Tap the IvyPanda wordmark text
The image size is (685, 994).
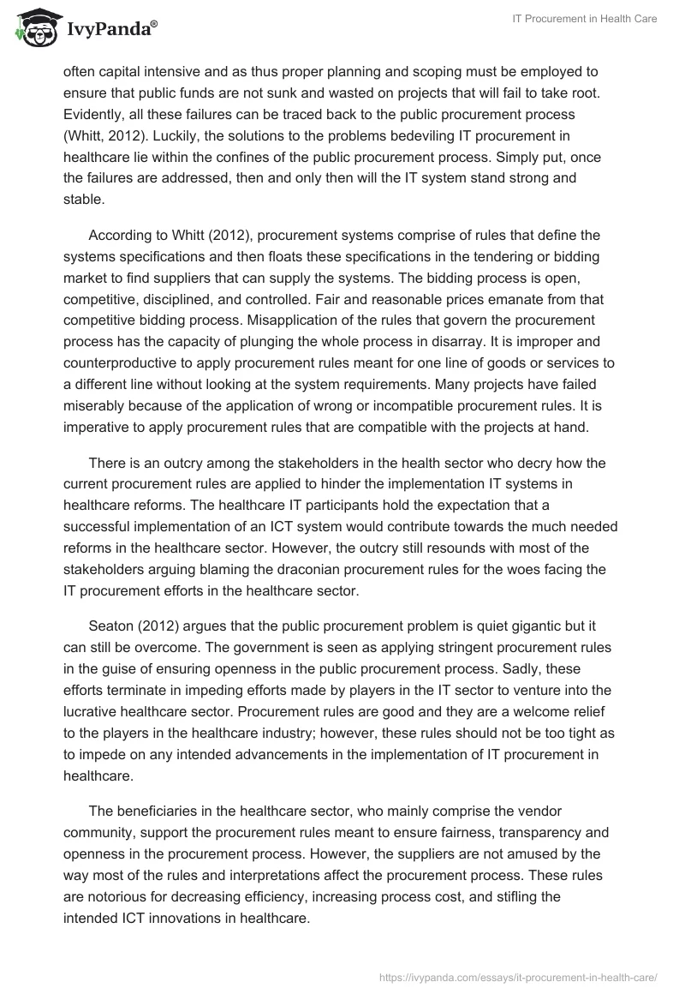point(110,31)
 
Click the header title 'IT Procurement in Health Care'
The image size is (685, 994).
point(584,19)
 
